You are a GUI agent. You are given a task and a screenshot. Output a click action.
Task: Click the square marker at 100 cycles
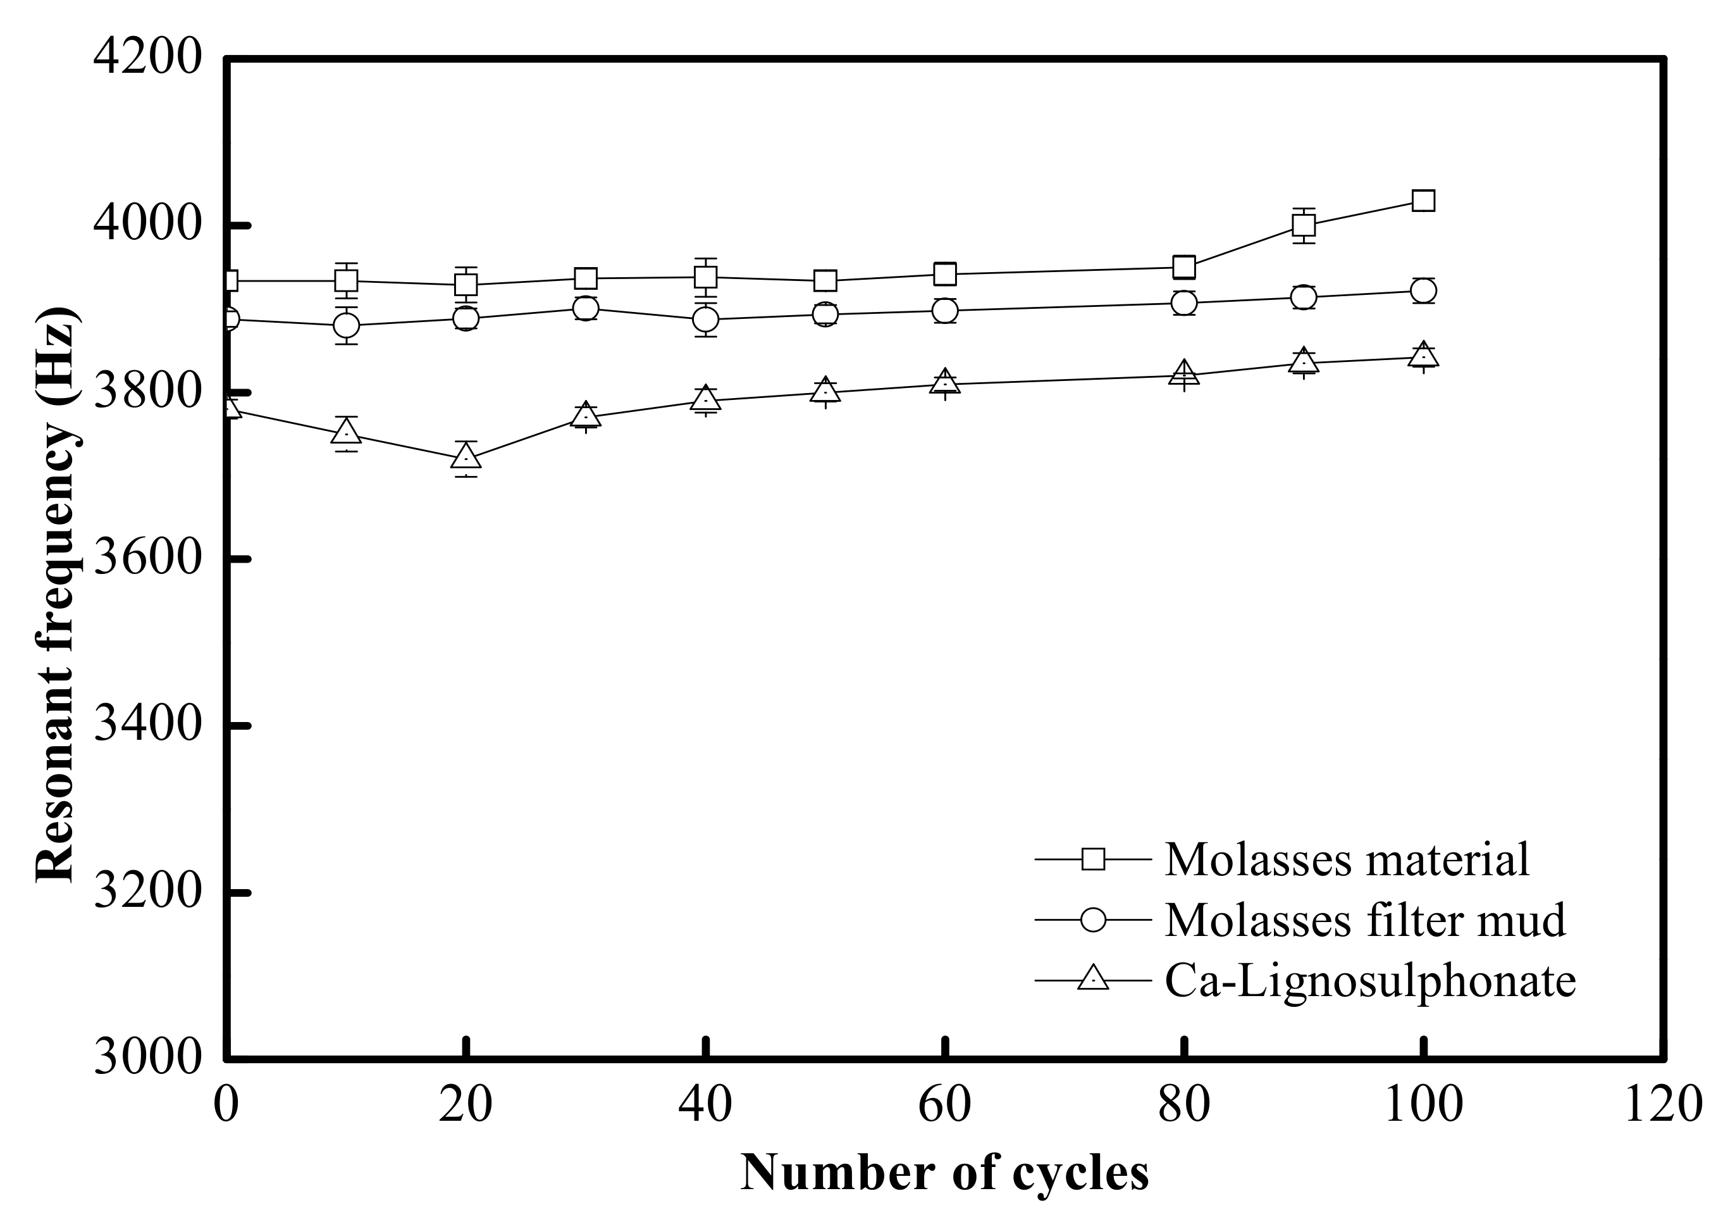(1424, 201)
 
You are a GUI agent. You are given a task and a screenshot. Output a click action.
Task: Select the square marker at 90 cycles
(1304, 225)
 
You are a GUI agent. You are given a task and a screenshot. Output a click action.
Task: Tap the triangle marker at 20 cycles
(466, 457)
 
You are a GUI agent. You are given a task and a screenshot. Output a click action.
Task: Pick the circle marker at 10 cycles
(346, 326)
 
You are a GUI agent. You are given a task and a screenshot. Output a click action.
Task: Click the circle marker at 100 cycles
(1424, 290)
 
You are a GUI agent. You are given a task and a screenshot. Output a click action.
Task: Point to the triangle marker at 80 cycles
(1184, 373)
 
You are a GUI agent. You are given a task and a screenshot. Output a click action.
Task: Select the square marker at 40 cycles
(705, 278)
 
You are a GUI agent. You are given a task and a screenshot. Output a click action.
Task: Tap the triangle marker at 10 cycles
(346, 432)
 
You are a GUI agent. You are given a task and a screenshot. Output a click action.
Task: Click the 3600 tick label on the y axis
(148, 559)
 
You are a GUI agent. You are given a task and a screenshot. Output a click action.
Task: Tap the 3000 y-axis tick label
(148, 1058)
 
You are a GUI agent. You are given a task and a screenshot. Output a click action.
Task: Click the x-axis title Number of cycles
(945, 1173)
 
